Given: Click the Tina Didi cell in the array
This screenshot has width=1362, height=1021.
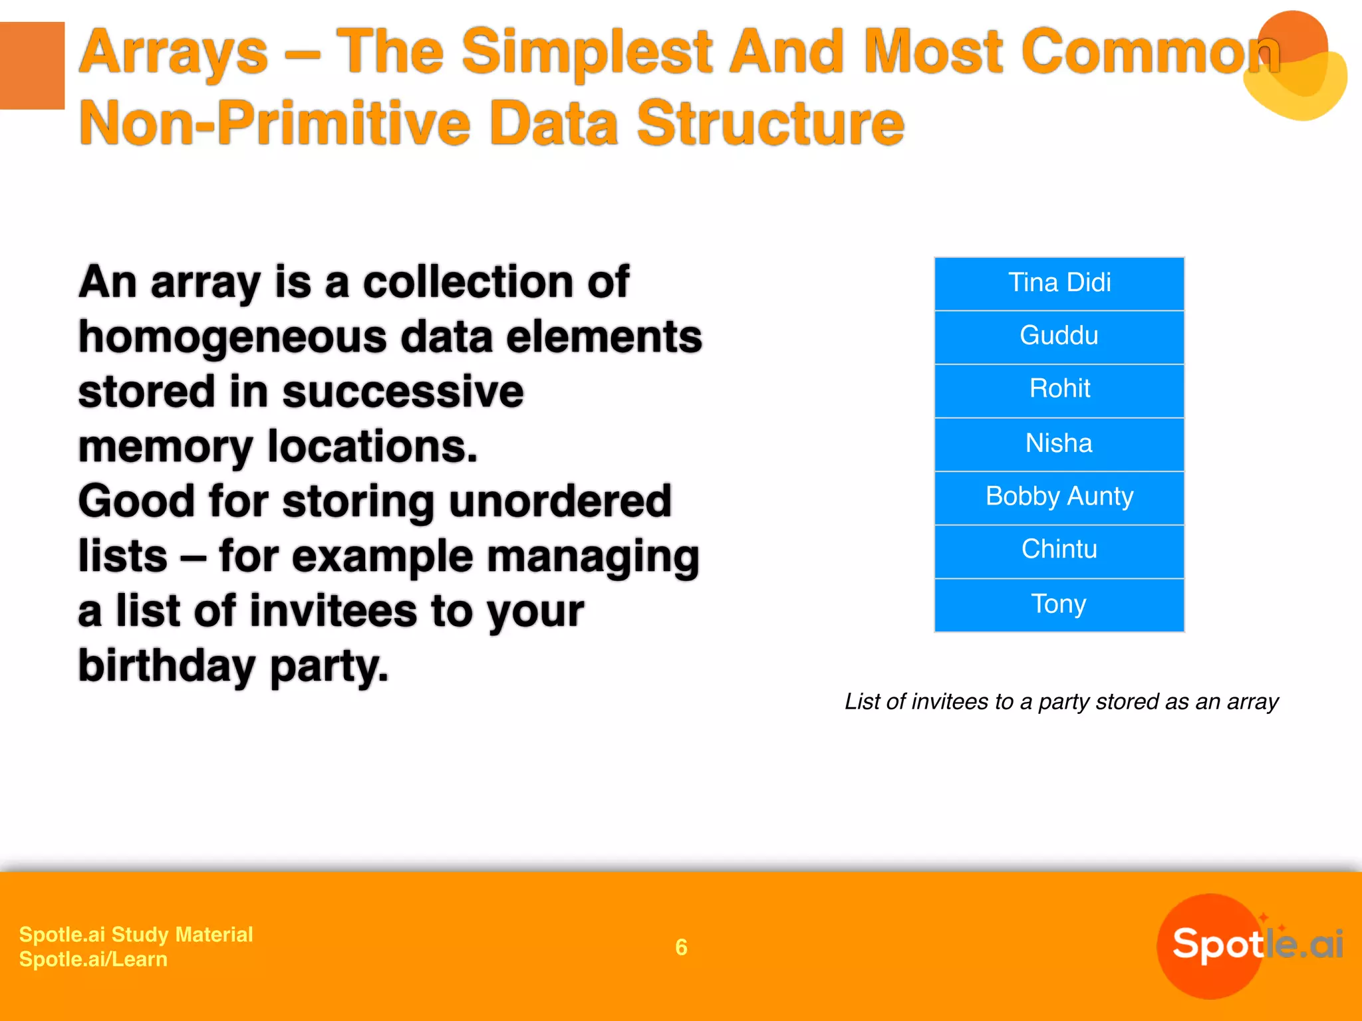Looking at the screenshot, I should click(x=1059, y=283).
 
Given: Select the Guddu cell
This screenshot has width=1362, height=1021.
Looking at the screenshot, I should click(x=1059, y=336).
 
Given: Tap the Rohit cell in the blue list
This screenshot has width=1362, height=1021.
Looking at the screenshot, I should click(x=1059, y=390).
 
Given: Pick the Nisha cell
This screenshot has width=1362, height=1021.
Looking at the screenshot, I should click(x=1059, y=443).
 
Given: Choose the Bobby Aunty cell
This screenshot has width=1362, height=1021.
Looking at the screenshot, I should click(x=1059, y=497).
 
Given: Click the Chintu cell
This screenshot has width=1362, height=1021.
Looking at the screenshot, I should click(x=1059, y=550).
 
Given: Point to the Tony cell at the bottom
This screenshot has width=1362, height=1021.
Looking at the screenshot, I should click(x=1059, y=604).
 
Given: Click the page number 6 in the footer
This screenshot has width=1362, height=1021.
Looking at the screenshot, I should click(x=681, y=947).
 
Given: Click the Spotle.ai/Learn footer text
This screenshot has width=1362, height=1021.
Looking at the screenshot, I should click(x=93, y=959).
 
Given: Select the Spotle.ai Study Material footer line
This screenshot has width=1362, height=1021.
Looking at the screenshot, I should click(x=136, y=934).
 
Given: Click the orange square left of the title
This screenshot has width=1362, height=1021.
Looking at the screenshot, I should click(x=32, y=65).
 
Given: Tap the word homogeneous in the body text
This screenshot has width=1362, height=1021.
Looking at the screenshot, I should click(x=232, y=338).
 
